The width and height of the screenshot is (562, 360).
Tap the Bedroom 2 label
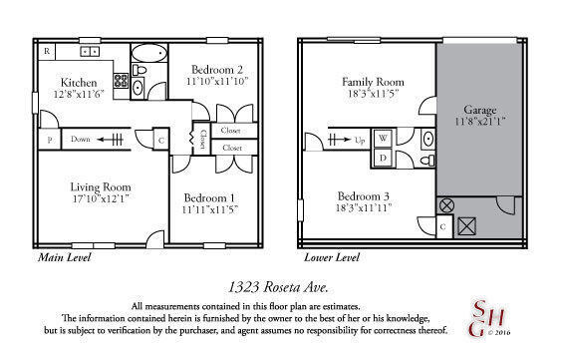pos(215,69)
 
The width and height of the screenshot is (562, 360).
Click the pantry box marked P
pos(50,141)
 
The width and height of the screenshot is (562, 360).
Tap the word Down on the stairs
pos(81,141)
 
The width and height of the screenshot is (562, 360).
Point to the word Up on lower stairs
pos(360,140)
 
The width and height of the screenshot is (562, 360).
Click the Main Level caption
pos(64,257)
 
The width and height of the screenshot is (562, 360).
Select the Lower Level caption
pos(332,257)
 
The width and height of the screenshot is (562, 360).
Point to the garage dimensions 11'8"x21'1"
pos(480,122)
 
